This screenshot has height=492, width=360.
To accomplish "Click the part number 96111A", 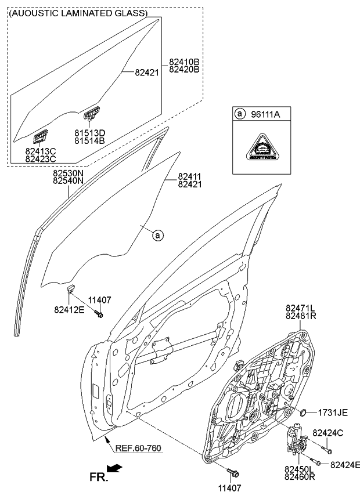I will (x=265, y=115).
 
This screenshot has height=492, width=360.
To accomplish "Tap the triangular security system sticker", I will (x=262, y=148).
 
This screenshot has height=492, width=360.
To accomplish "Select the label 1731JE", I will (x=332, y=413).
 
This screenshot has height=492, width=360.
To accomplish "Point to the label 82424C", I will (x=328, y=432).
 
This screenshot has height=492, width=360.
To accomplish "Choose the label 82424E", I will (x=345, y=464).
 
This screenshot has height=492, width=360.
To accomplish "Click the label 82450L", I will (x=300, y=468).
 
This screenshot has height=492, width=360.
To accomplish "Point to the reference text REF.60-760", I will (x=138, y=448).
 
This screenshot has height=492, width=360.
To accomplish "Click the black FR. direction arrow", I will (x=115, y=468).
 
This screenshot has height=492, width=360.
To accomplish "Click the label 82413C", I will (x=40, y=151).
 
